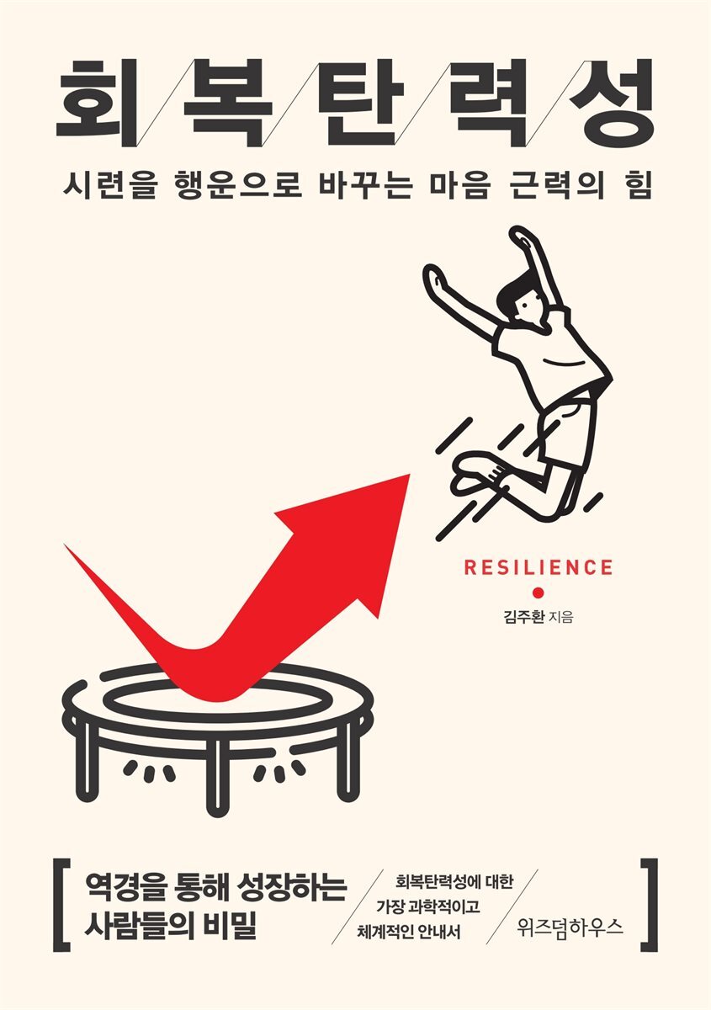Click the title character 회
click(96, 103)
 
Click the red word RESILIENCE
click(539, 567)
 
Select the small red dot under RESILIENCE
click(539, 593)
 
